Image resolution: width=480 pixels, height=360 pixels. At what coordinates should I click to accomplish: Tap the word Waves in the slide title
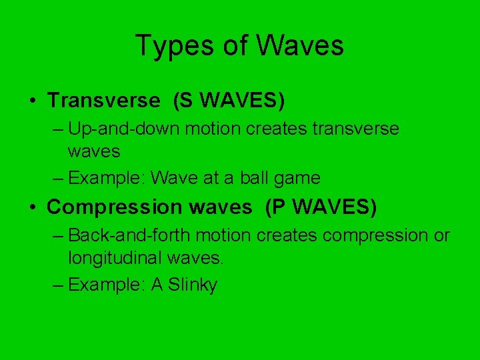pyautogui.click(x=299, y=45)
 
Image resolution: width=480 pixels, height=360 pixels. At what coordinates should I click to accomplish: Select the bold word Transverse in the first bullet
pyautogui.click(x=104, y=100)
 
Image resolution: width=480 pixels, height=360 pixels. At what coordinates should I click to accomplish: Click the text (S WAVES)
pyautogui.click(x=229, y=100)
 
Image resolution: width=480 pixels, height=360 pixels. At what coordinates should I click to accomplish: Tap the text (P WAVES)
pyautogui.click(x=321, y=207)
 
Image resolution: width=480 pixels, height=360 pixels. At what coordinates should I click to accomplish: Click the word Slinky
pyautogui.click(x=193, y=285)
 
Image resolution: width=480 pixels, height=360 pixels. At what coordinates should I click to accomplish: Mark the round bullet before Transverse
pyautogui.click(x=32, y=101)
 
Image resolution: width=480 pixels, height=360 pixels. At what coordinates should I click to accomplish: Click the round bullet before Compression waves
pyautogui.click(x=32, y=207)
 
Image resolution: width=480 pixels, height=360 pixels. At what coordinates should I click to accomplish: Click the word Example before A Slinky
pyautogui.click(x=107, y=285)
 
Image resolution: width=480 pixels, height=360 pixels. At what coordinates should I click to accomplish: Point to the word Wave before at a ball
pyautogui.click(x=172, y=178)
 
